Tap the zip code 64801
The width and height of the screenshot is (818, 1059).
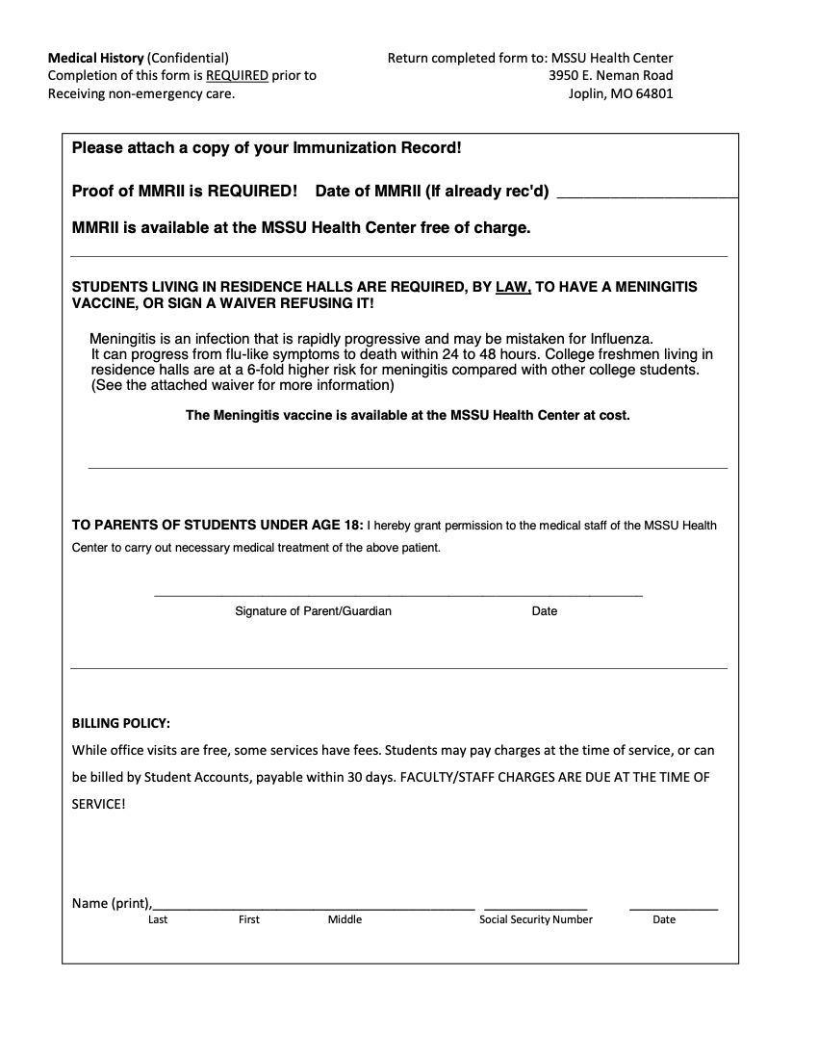pyautogui.click(x=653, y=94)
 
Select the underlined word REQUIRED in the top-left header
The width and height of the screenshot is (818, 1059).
pyautogui.click(x=237, y=75)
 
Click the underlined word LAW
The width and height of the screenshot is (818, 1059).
pyautogui.click(x=513, y=287)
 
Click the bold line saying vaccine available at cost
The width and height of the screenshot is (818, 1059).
pyautogui.click(x=408, y=416)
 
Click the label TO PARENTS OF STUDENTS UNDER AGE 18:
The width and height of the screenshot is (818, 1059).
pyautogui.click(x=218, y=526)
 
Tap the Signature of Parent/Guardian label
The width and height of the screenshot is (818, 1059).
pyautogui.click(x=313, y=611)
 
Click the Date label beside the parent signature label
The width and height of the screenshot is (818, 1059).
pyautogui.click(x=544, y=611)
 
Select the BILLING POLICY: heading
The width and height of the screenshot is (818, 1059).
pyautogui.click(x=121, y=723)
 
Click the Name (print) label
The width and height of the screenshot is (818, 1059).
pyautogui.click(x=112, y=903)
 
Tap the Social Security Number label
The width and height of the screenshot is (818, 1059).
pyautogui.click(x=536, y=919)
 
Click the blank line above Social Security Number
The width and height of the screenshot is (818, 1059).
pyautogui.click(x=535, y=907)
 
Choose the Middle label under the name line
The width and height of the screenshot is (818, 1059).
pyautogui.click(x=345, y=919)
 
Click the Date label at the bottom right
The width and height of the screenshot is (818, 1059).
pyautogui.click(x=664, y=919)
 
